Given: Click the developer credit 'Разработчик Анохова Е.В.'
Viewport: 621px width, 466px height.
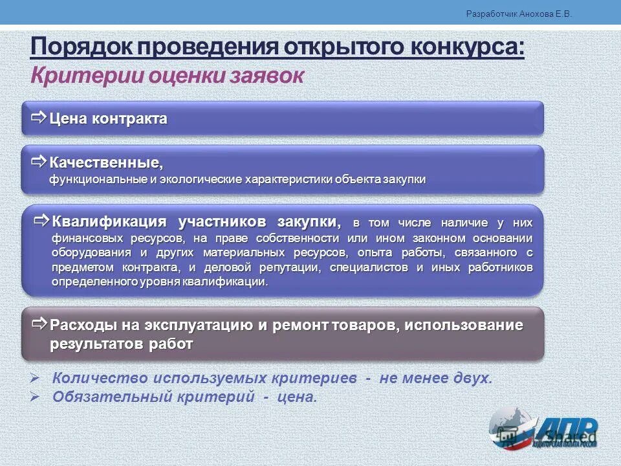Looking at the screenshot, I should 519,14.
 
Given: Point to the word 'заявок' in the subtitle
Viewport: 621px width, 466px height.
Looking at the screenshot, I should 267,76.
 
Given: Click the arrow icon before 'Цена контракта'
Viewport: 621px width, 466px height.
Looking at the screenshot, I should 38,117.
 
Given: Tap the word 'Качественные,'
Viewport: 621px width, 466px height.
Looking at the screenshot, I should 106,162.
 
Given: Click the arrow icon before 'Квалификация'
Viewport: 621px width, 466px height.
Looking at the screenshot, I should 41,221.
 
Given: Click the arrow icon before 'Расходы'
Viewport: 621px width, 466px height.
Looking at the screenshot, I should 39,323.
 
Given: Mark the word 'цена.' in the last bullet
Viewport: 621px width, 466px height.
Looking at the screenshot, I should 298,397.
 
